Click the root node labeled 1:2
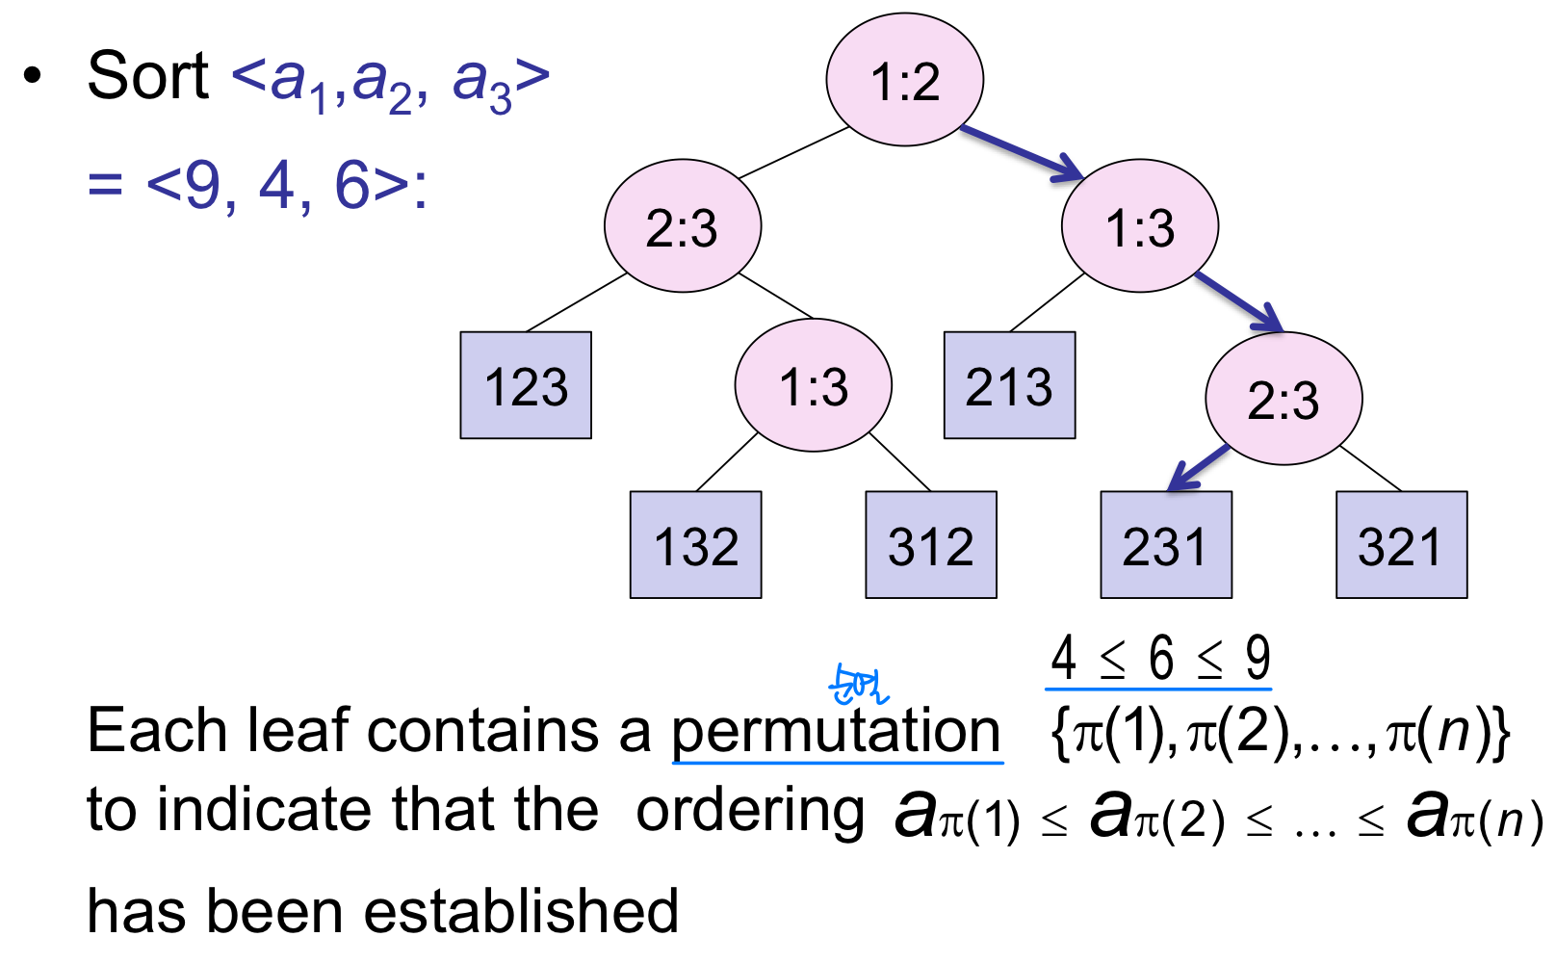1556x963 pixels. [904, 80]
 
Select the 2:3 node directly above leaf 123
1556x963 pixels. [682, 226]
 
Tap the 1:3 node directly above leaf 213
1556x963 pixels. [1139, 226]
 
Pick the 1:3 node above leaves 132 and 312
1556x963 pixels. [813, 385]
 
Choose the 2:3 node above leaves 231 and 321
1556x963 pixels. [1283, 399]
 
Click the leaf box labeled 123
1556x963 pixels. [526, 385]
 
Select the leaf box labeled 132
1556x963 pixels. [695, 545]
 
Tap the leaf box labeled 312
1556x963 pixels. [930, 545]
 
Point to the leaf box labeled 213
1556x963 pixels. [1009, 385]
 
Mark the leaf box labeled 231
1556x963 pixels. [1165, 545]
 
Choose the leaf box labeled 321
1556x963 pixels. [1401, 545]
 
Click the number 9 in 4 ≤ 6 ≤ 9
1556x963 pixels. [1258, 659]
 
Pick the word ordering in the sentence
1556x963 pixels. [750, 811]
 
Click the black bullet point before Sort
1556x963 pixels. [34, 76]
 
